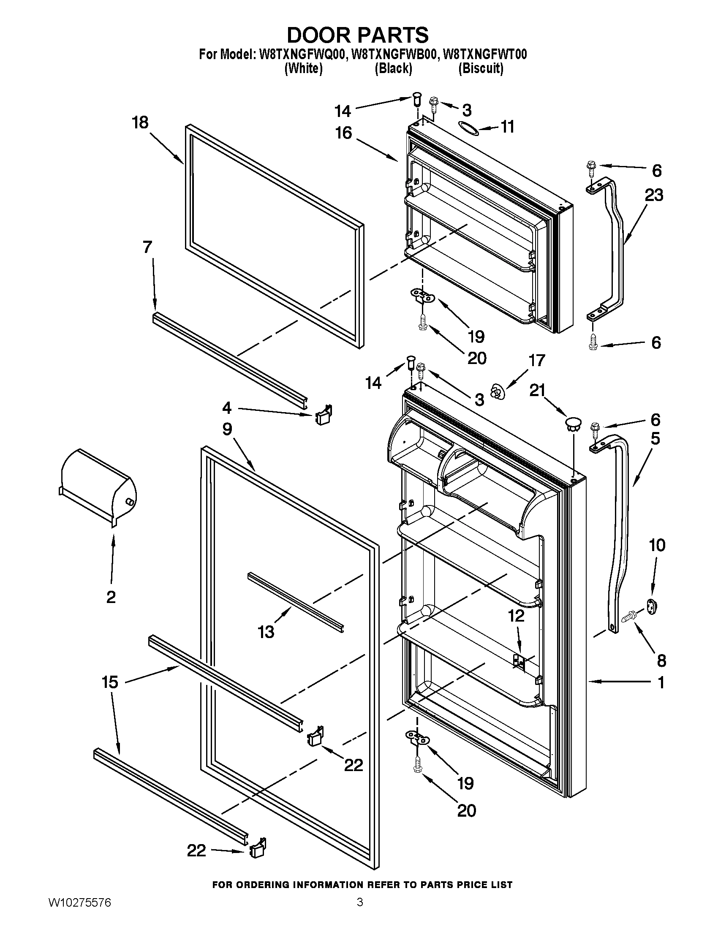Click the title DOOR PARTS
[358, 35]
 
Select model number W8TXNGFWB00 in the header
[394, 55]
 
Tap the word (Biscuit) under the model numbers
[481, 68]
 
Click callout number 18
[140, 122]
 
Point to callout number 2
[111, 597]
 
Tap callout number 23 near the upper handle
[654, 195]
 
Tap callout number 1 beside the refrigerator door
[661, 682]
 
